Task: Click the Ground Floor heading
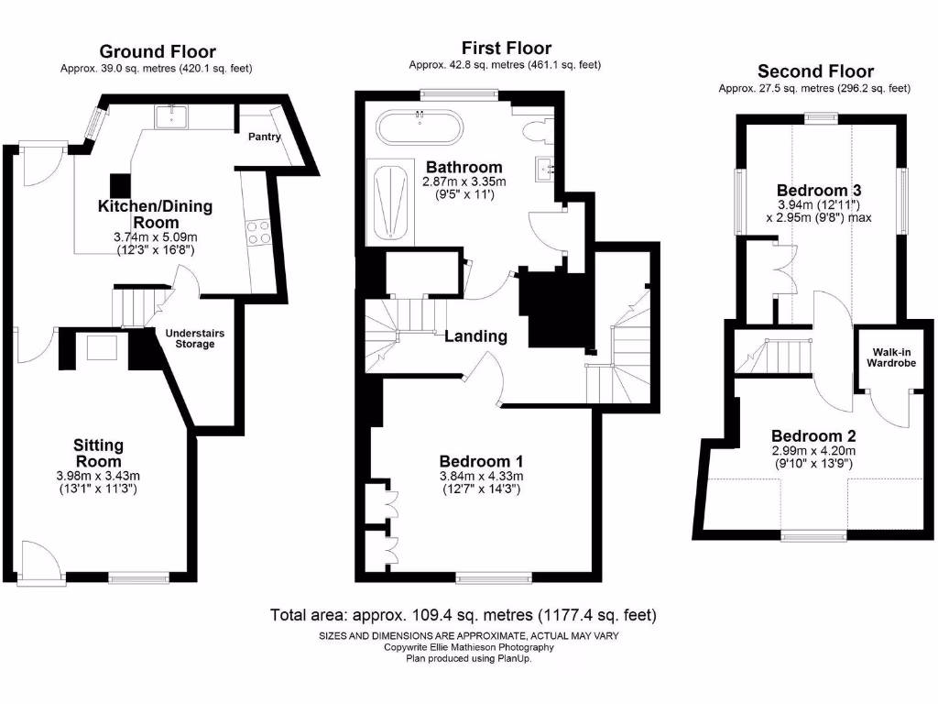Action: (157, 51)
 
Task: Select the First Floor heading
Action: (506, 48)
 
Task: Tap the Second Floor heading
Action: (815, 71)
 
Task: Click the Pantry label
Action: (264, 137)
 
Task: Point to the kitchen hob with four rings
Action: (257, 232)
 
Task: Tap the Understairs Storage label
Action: (195, 338)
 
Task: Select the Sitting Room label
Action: (98, 453)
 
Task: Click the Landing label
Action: (475, 336)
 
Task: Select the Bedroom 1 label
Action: (481, 461)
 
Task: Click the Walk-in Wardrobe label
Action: (893, 356)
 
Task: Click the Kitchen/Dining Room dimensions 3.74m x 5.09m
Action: (155, 237)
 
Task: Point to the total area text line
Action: (463, 615)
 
